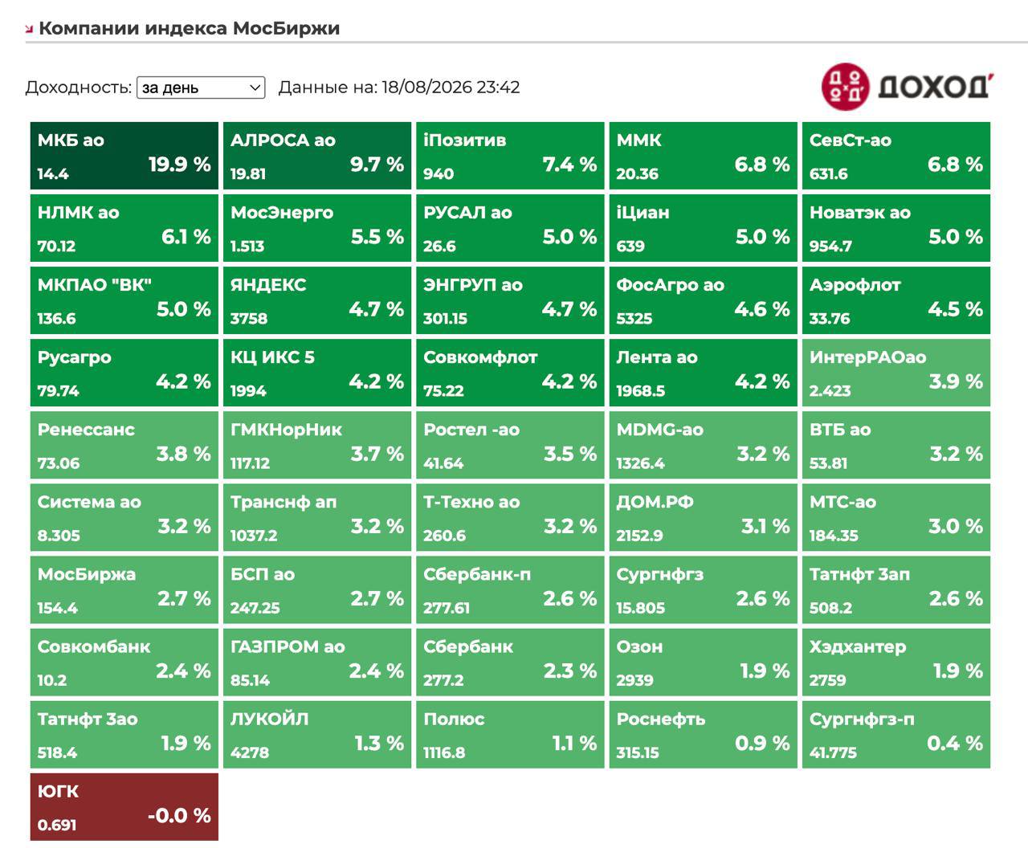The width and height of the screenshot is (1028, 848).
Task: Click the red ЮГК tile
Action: point(124,806)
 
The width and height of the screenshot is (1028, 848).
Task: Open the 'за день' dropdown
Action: point(201,88)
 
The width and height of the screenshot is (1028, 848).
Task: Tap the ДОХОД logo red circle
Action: point(846,87)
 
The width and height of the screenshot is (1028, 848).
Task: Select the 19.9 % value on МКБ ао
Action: point(180,165)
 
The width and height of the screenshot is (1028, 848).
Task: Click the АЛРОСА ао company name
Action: point(283,141)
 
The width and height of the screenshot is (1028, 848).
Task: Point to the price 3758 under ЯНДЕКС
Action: point(249,319)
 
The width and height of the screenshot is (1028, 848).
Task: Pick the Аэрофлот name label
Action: point(855,285)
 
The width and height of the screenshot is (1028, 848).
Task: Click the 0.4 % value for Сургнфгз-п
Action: point(955,744)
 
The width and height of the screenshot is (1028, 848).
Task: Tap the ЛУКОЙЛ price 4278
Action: point(250,753)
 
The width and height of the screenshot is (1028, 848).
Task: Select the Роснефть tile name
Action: point(661,720)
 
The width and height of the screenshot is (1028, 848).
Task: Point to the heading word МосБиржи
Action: point(286,28)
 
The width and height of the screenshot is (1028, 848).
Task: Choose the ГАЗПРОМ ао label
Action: point(288,646)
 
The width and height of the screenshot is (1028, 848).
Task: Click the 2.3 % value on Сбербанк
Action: point(570,671)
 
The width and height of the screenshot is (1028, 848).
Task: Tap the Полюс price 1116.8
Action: point(444,753)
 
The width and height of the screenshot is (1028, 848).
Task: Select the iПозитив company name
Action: point(465,141)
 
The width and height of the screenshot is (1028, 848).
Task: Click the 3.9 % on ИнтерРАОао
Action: point(956,381)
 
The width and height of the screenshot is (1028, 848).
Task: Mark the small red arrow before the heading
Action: point(29,30)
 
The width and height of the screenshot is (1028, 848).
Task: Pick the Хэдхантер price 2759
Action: point(827,680)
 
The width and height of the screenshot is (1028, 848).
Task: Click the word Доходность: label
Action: point(79,88)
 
